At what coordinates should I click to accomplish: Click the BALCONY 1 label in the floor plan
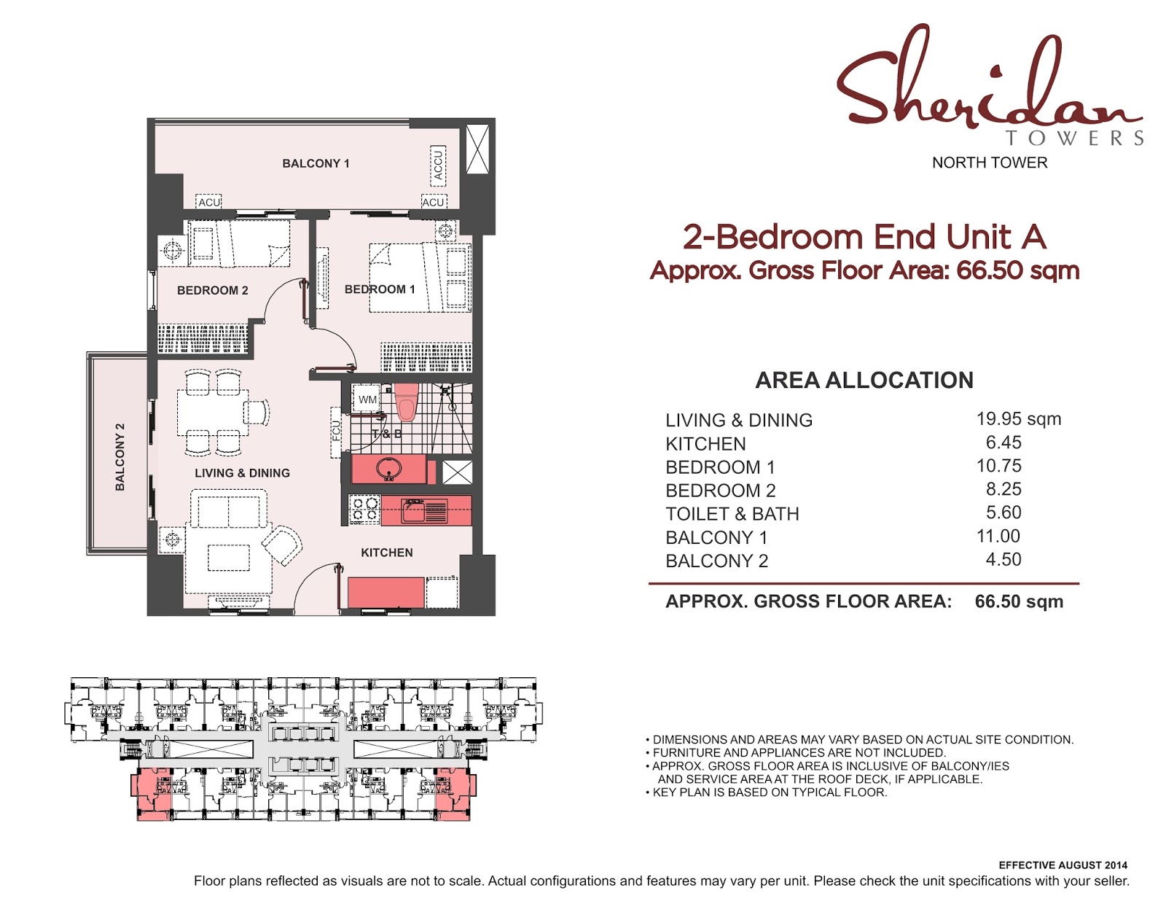[x=316, y=163]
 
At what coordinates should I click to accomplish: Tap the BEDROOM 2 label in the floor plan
[x=212, y=290]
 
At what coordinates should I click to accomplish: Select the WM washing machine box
[x=367, y=399]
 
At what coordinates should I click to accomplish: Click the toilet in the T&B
[x=406, y=403]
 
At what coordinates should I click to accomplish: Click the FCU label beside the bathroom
[x=336, y=431]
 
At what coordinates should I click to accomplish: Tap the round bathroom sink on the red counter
[x=389, y=469]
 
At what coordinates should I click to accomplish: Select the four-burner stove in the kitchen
[x=364, y=510]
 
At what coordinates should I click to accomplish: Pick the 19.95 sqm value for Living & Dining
[x=1018, y=419]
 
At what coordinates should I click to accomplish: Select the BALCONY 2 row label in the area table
[x=716, y=561]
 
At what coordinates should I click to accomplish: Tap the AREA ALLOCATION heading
[x=864, y=380]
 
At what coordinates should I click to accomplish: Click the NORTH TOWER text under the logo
[x=989, y=163]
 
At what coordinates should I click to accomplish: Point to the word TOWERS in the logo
[x=1074, y=138]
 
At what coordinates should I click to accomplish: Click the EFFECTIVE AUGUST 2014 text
[x=1062, y=865]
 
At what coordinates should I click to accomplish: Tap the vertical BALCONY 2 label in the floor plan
[x=120, y=456]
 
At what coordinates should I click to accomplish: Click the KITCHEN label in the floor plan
[x=386, y=553]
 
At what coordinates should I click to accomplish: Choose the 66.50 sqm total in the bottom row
[x=1018, y=601]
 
